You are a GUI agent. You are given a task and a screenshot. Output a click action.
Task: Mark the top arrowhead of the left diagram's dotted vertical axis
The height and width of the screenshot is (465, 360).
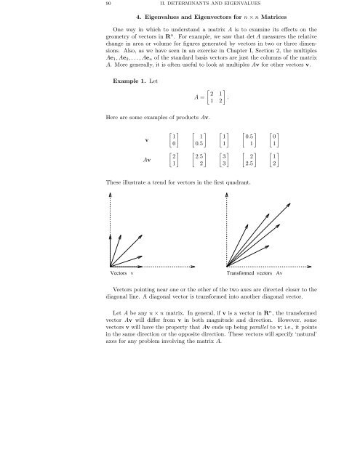110,195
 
